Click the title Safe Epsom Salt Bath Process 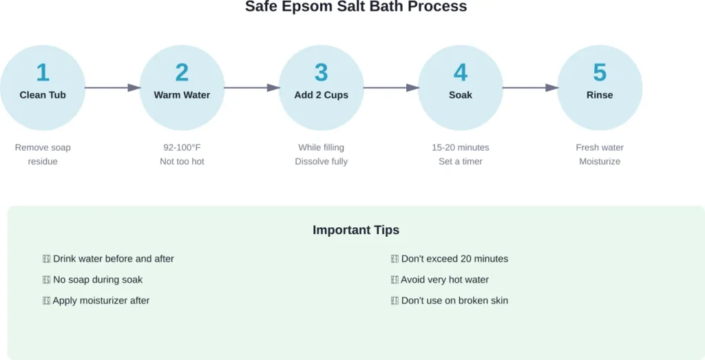pyautogui.click(x=356, y=7)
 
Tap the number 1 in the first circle pyautogui.click(x=43, y=73)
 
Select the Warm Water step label pyautogui.click(x=182, y=95)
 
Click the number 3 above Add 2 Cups pyautogui.click(x=322, y=73)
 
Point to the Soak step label pyautogui.click(x=461, y=95)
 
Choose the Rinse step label pyautogui.click(x=600, y=95)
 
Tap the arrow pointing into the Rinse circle pyautogui.click(x=529, y=87)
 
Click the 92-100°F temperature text pyautogui.click(x=182, y=147)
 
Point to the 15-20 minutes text pyautogui.click(x=461, y=147)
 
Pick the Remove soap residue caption pyautogui.click(x=43, y=154)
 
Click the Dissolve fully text pyautogui.click(x=322, y=161)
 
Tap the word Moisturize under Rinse pyautogui.click(x=600, y=161)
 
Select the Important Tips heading pyautogui.click(x=356, y=230)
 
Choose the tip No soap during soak pyautogui.click(x=97, y=279)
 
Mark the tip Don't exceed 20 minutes pyautogui.click(x=454, y=259)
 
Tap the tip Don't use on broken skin pyautogui.click(x=454, y=300)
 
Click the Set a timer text pyautogui.click(x=461, y=161)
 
